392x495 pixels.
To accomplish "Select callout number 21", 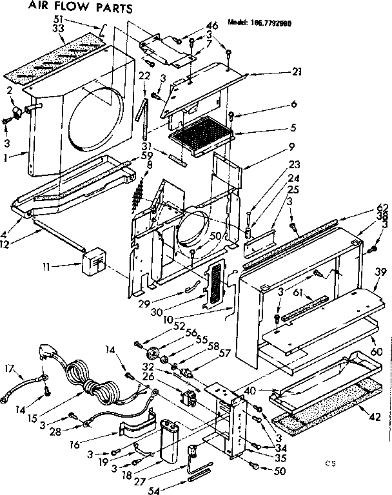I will [x=296, y=72].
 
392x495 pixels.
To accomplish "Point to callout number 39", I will [x=380, y=273].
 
